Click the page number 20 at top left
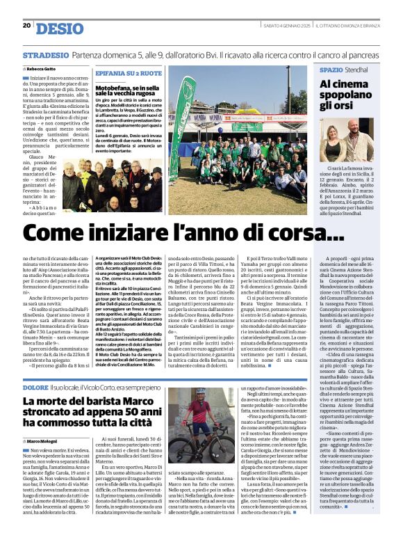pos(26,26)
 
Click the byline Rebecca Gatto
pos(43,70)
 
